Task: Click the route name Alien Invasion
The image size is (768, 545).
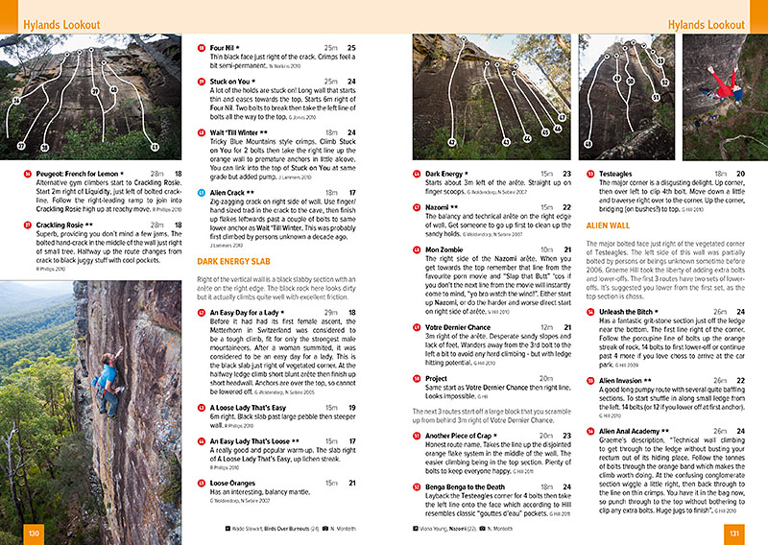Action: [628, 380]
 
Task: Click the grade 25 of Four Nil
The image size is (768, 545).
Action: [351, 47]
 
